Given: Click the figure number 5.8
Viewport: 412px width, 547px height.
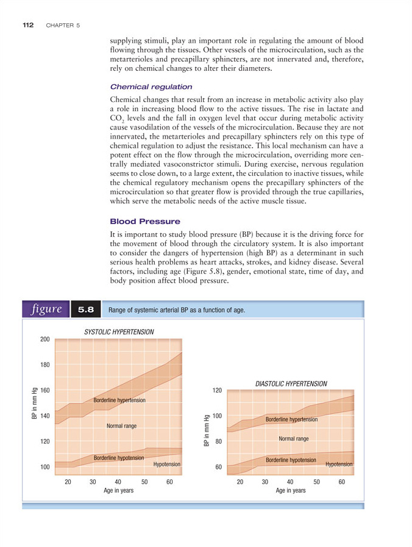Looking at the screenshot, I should point(85,310).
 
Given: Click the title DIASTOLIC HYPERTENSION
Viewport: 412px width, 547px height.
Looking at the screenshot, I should point(291,383).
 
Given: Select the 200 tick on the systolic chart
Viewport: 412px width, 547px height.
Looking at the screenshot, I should point(44,339).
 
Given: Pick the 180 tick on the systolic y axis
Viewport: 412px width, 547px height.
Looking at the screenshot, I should point(44,365).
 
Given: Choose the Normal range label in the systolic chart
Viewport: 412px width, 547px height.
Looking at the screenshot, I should point(121,426).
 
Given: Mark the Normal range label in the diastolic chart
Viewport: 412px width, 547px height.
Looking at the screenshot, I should point(294,438).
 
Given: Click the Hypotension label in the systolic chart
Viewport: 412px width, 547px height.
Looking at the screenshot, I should point(166,465).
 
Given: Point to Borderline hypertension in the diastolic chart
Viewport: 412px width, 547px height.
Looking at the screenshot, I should point(292,420).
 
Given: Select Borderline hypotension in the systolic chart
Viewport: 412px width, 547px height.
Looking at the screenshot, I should point(118,457).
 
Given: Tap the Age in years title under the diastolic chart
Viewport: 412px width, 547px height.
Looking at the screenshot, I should point(291,490).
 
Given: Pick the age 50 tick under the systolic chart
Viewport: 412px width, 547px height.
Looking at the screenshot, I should point(144,482).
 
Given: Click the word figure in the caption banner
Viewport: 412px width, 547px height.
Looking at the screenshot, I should point(46,309).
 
